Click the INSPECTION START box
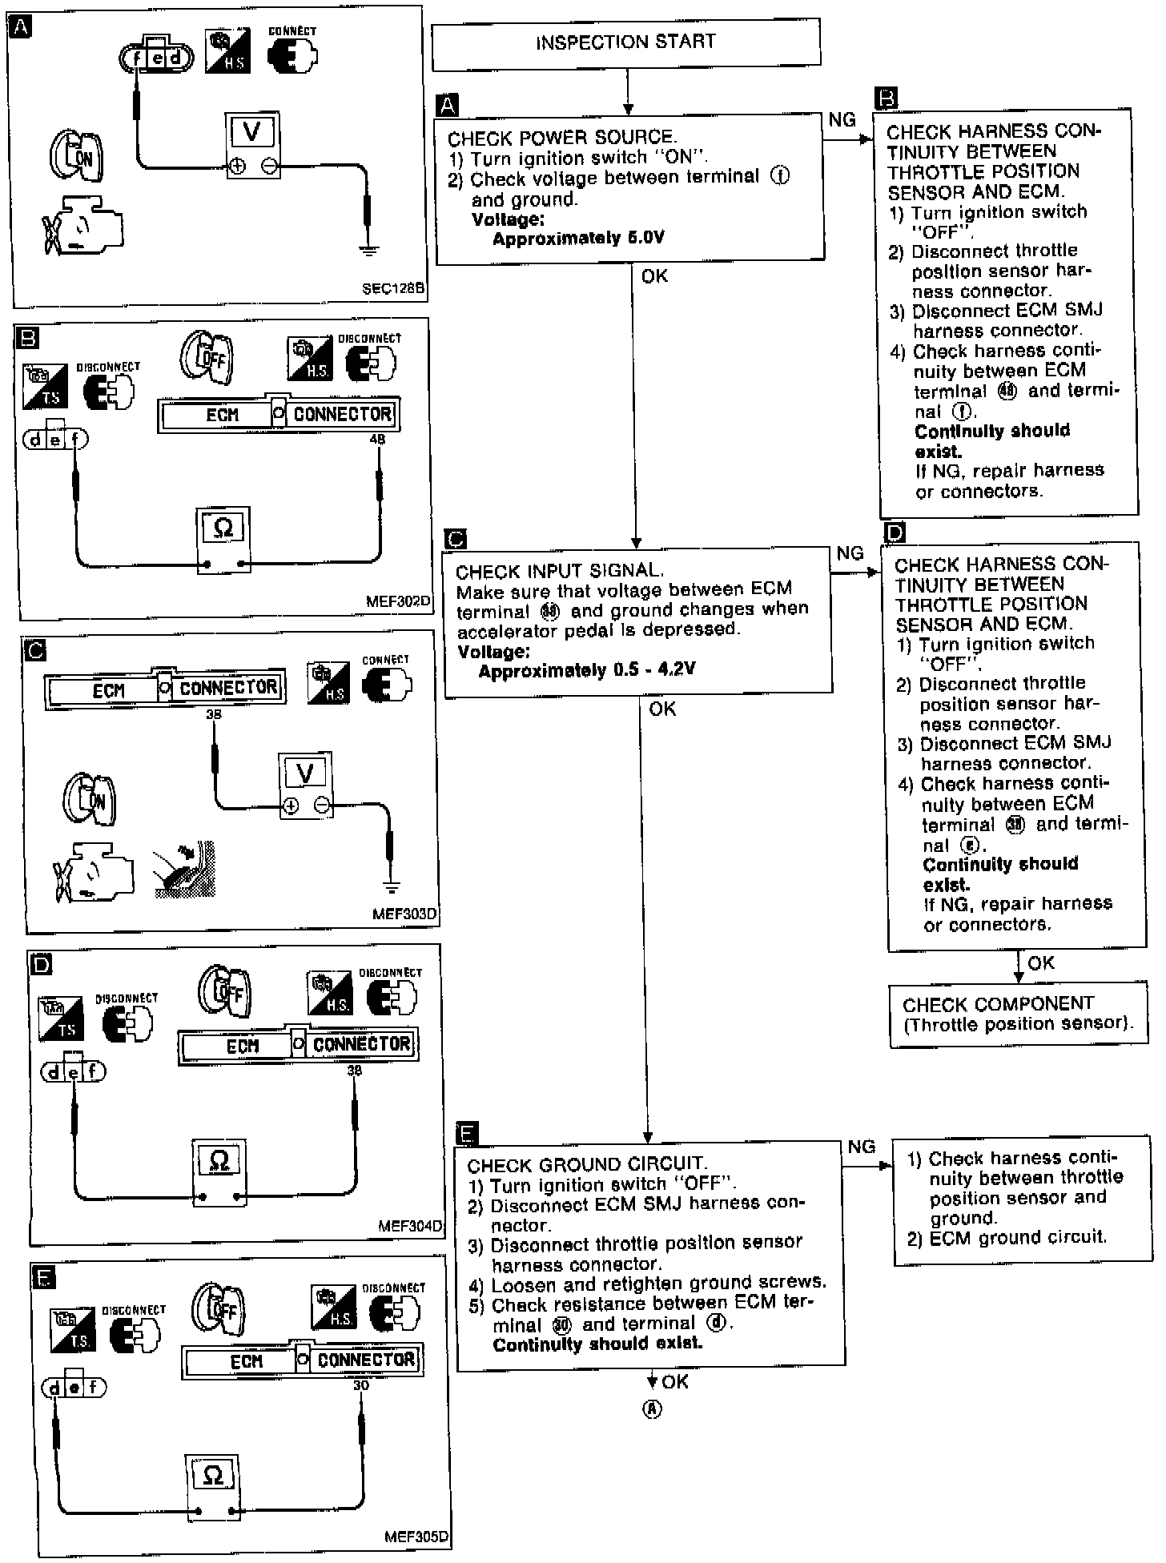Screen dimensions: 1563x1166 625,42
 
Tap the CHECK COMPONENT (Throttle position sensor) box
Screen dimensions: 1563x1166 1017,1015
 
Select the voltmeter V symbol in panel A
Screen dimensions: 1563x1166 251,131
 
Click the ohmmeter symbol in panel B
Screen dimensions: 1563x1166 223,528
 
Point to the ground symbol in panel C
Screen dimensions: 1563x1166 391,886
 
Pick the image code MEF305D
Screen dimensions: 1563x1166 416,1537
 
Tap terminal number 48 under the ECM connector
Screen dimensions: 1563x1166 377,439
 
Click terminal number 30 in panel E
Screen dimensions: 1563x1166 361,1384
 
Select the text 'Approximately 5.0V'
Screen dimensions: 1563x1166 578,239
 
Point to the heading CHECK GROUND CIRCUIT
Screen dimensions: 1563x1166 587,1165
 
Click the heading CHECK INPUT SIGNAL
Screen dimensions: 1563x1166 559,571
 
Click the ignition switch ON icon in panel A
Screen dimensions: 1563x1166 78,155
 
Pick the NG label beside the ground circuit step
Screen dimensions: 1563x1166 861,1147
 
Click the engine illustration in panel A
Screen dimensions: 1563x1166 82,227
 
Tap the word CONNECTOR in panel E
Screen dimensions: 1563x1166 366,1360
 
